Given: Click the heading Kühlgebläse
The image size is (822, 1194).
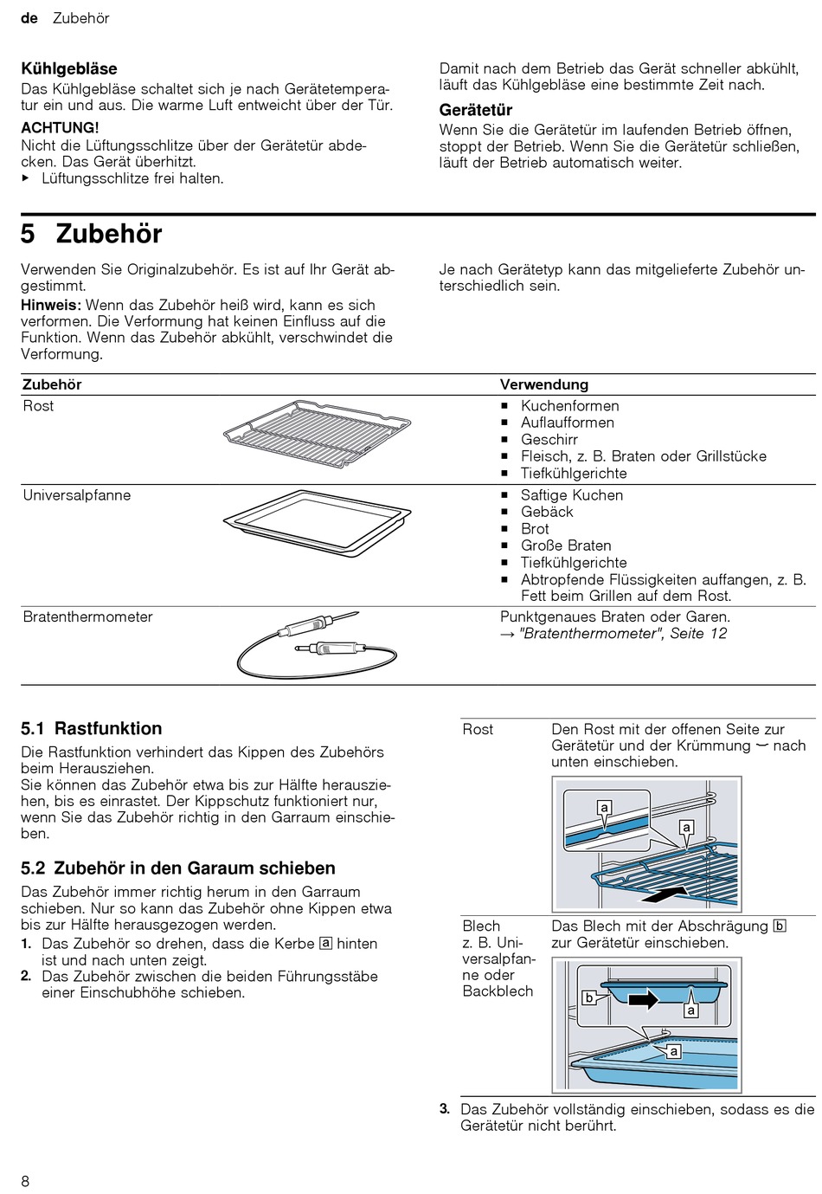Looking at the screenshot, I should tap(69, 68).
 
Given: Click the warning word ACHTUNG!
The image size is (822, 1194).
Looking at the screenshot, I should tap(60, 127).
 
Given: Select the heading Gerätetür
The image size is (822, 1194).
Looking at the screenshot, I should tap(476, 110).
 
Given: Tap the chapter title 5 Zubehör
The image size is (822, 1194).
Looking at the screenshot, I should tap(92, 235).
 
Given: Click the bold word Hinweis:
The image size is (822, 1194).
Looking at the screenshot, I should tap(51, 305).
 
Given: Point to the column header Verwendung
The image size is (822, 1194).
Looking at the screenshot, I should tap(543, 384).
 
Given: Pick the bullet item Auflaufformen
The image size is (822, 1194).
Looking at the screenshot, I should tap(567, 423).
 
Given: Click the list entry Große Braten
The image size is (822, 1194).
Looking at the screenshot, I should tap(565, 545).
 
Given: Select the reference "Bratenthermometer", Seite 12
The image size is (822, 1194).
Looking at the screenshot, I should tap(622, 634).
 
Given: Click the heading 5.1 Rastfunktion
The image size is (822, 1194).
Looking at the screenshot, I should tap(92, 728).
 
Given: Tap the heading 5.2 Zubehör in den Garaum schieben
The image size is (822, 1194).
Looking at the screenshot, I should tap(178, 868).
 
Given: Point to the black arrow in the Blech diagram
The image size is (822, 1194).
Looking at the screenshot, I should tap(643, 1001).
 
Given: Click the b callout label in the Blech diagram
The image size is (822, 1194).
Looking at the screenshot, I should tap(588, 997).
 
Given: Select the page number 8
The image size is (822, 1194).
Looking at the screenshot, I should tap(25, 1181).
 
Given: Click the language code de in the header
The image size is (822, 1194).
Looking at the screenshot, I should tap(29, 18).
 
